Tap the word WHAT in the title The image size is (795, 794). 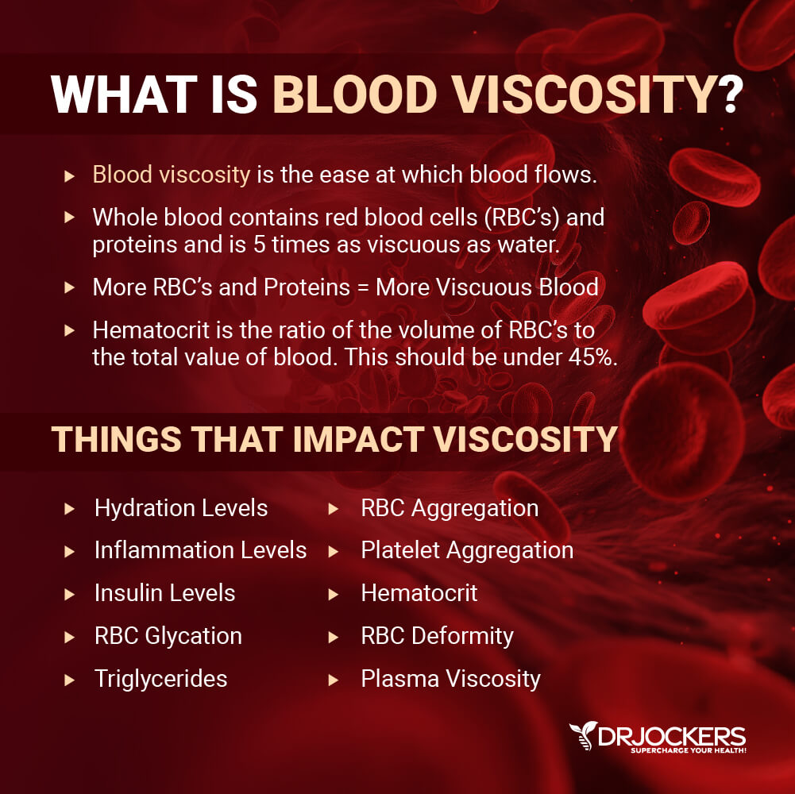click(x=124, y=94)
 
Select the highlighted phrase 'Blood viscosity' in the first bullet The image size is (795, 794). click(x=172, y=175)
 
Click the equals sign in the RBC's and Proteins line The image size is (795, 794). click(x=362, y=288)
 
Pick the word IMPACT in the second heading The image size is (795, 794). click(x=358, y=438)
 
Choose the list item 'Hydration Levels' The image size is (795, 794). click(x=181, y=508)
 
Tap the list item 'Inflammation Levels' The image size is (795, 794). click(x=200, y=550)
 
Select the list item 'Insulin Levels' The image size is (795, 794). click(x=164, y=592)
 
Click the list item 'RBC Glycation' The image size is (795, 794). click(x=168, y=636)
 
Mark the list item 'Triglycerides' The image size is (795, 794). click(x=160, y=679)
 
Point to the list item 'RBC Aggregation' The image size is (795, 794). click(x=450, y=508)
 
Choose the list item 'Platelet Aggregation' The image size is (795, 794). click(x=467, y=550)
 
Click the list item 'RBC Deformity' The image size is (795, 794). click(x=437, y=636)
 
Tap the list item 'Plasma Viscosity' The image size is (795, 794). click(x=451, y=679)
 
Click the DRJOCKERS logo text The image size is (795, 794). click(x=672, y=736)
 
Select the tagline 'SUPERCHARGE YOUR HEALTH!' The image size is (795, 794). click(x=688, y=750)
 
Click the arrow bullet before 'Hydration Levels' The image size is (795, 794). click(x=69, y=508)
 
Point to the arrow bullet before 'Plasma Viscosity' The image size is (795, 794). click(x=333, y=680)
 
